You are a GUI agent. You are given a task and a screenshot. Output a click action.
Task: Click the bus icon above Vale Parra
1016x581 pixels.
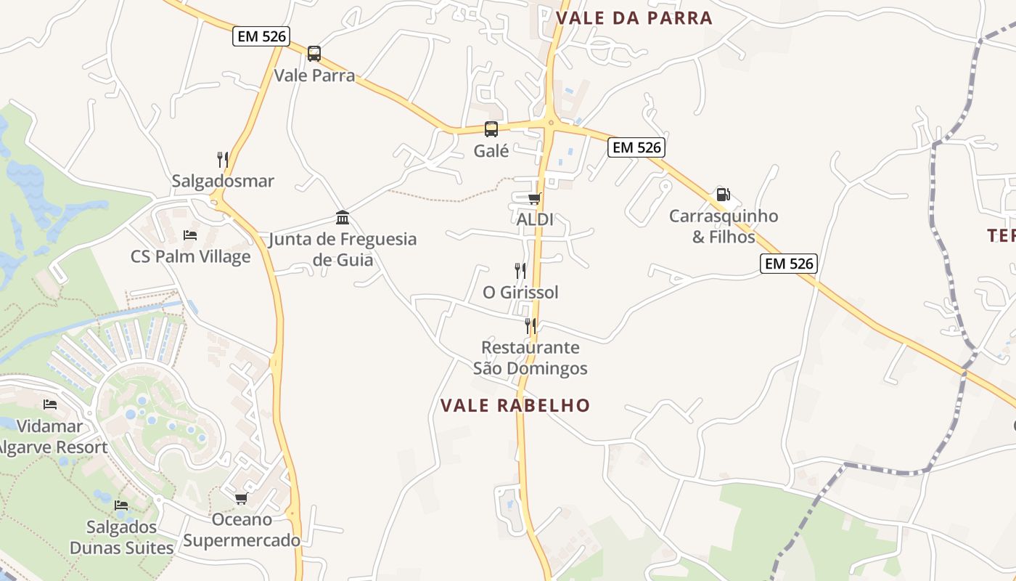[314, 54]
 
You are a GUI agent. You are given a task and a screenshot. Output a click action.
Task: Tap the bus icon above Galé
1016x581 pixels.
[491, 129]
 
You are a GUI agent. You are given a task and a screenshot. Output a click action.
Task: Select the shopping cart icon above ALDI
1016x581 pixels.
[535, 198]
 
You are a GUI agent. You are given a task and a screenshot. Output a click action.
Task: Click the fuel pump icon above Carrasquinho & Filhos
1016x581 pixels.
[723, 194]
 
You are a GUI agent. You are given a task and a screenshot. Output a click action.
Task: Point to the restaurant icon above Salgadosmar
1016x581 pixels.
[223, 159]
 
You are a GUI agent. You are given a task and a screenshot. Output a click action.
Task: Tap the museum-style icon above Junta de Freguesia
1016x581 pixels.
[343, 217]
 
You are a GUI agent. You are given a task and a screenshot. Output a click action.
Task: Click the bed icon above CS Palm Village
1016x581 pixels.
[190, 235]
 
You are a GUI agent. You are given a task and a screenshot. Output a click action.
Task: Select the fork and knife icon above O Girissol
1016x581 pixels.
[520, 271]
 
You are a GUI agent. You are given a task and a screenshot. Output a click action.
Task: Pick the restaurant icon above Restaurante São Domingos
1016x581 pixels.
[530, 325]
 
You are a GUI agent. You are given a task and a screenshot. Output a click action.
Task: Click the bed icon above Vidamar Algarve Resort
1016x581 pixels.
[50, 405]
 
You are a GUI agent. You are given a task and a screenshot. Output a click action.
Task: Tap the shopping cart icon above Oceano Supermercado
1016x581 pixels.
[241, 498]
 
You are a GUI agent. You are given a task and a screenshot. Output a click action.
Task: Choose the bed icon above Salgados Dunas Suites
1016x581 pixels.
[121, 505]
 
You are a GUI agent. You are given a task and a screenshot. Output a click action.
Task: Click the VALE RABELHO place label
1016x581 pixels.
[515, 405]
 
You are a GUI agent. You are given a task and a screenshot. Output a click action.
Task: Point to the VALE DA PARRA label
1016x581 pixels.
[634, 18]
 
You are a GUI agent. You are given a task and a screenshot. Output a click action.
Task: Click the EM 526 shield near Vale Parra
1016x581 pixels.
[261, 36]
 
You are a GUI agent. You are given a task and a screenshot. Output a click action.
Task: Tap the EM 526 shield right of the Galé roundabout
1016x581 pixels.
[636, 147]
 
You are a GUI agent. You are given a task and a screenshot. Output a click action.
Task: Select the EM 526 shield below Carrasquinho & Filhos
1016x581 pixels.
[789, 264]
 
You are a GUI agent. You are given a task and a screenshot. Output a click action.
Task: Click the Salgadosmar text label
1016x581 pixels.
[223, 181]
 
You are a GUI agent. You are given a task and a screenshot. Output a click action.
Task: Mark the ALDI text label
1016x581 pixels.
[535, 219]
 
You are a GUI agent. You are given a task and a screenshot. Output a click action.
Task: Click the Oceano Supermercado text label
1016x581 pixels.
[242, 530]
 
